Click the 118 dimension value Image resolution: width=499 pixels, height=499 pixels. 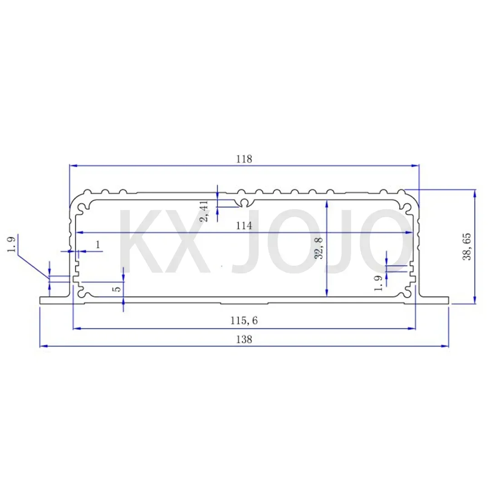coord(244,159)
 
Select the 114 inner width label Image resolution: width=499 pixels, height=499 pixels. coord(244,225)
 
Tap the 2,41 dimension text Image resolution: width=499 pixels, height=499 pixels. coord(205,211)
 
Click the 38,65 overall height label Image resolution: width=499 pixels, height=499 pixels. coord(466,246)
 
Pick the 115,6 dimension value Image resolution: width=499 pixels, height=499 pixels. coord(244,321)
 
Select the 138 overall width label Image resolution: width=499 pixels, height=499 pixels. coord(244,339)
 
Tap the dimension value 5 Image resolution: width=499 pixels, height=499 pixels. coord(117,288)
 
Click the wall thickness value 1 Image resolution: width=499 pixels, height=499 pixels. coord(98,245)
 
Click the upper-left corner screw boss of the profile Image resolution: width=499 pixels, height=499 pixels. coord(82,208)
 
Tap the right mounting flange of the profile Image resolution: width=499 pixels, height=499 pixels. coord(434,300)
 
